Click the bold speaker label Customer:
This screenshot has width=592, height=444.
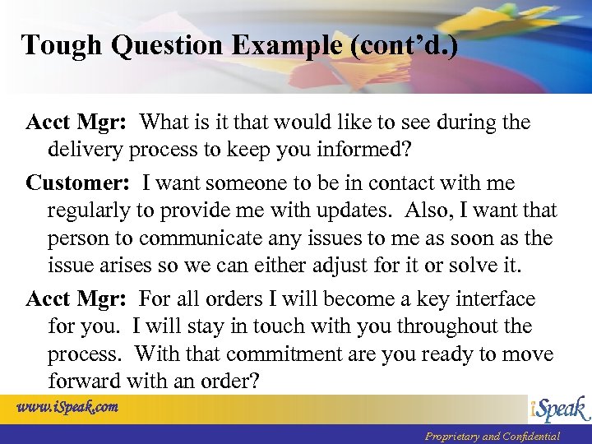(x=80, y=183)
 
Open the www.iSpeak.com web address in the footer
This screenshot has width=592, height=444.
(x=67, y=406)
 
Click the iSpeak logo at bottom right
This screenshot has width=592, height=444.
(x=558, y=409)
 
